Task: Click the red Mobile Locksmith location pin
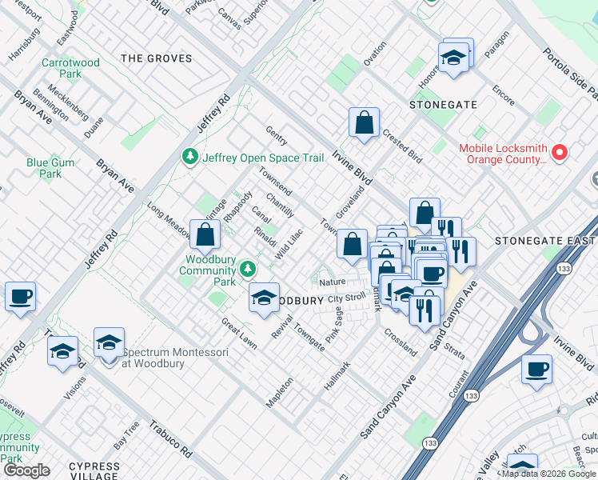pos(560,151)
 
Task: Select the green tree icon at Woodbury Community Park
pos(249,267)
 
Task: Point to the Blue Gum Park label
pos(44,167)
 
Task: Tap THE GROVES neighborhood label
pos(157,58)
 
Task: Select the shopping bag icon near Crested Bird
pos(364,123)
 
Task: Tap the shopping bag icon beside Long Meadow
pos(205,234)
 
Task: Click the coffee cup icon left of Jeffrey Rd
pos(20,296)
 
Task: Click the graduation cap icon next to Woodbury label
pos(264,298)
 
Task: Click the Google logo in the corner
pos(26,470)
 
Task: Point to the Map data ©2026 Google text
pos(548,474)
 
